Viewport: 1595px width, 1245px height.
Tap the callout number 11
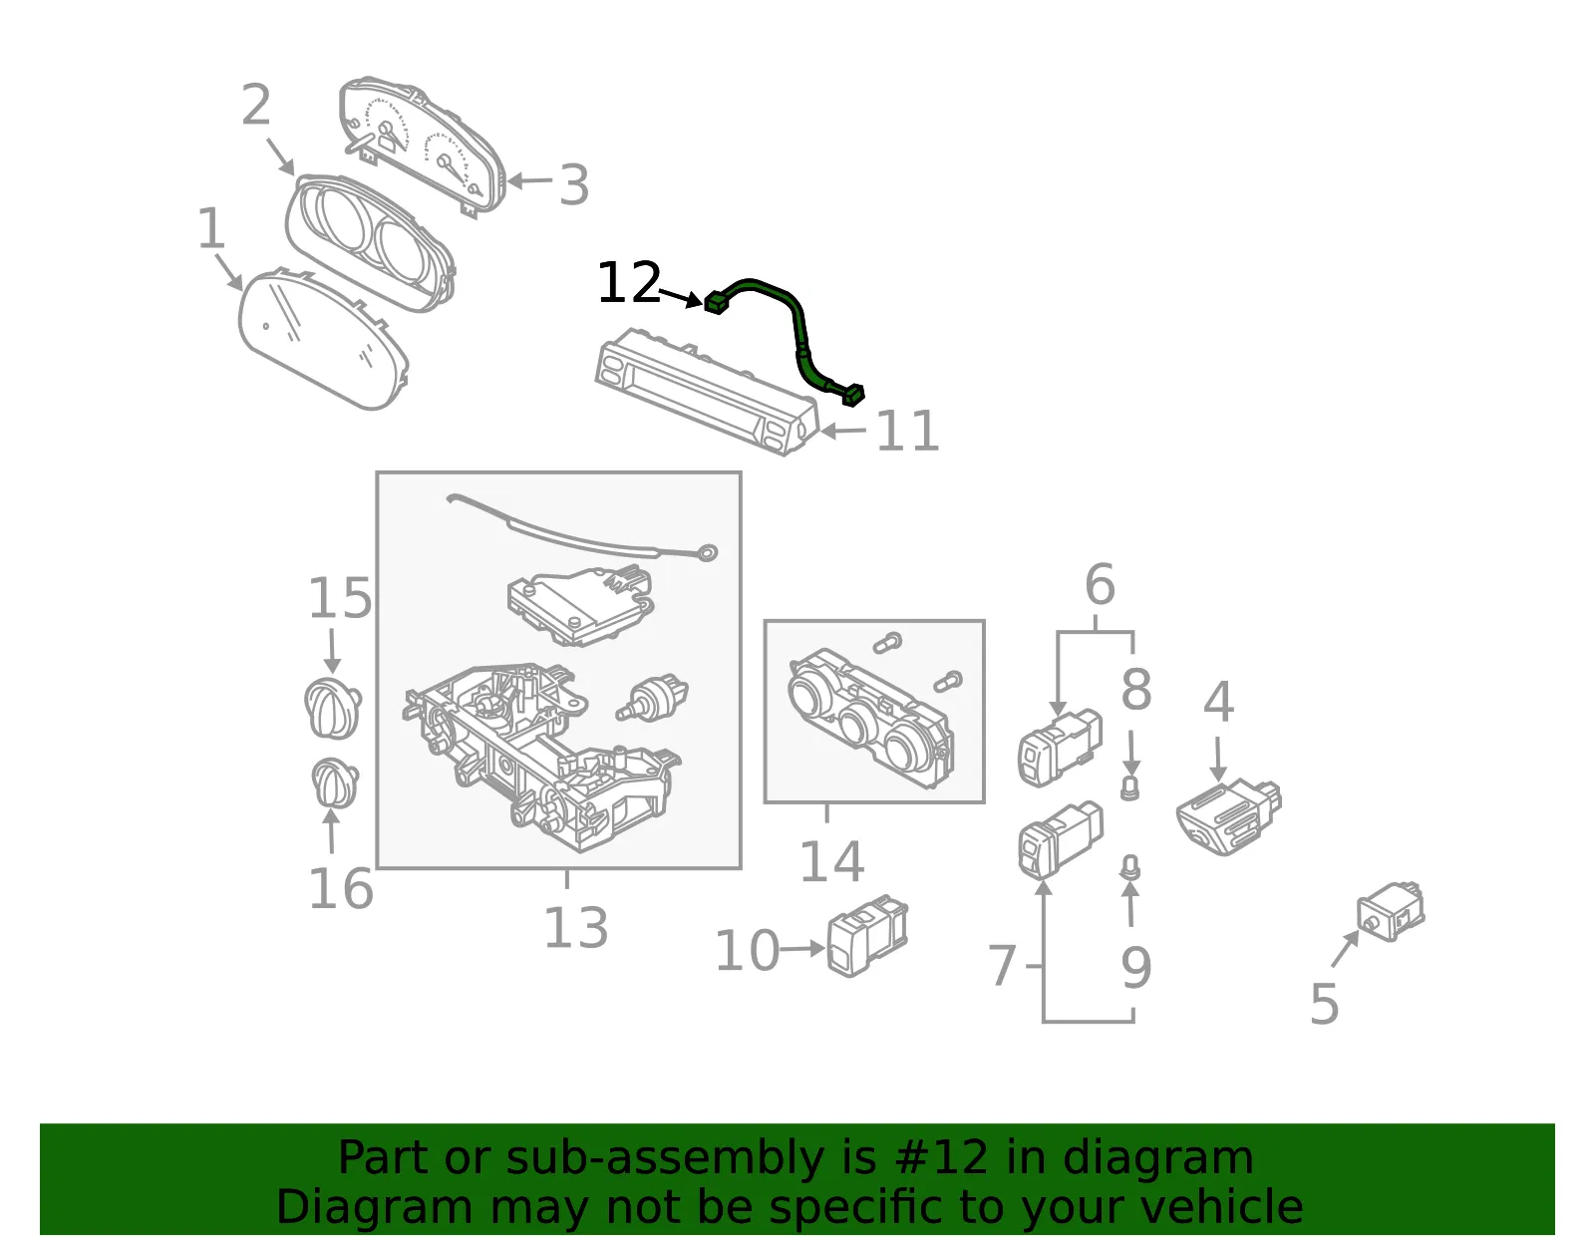point(907,431)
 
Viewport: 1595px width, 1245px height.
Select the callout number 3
point(574,184)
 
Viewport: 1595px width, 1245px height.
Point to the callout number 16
point(341,889)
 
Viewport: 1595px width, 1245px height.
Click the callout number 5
point(1325,1004)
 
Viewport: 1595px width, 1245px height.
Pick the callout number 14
point(831,861)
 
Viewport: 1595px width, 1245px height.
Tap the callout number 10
point(748,951)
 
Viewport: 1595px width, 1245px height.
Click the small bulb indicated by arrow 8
point(1130,788)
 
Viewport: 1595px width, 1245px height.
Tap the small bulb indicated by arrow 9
point(1130,867)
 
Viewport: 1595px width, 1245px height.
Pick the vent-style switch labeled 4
point(1229,815)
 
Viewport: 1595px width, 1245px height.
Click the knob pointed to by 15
point(333,708)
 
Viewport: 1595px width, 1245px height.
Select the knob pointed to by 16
point(335,782)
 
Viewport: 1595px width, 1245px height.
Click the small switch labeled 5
point(1391,912)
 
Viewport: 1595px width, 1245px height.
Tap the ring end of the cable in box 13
point(708,552)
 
